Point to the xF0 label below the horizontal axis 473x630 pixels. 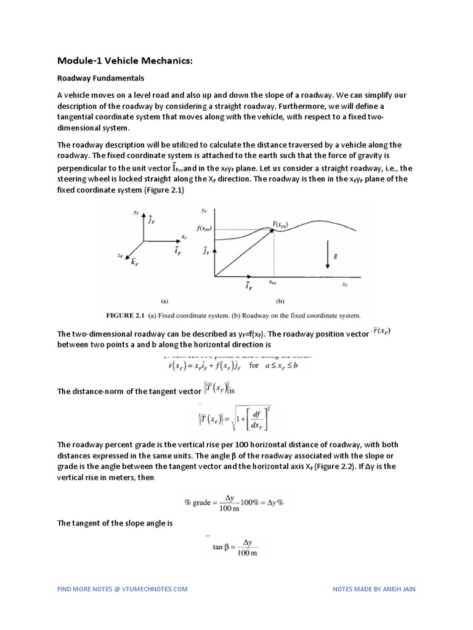click(273, 284)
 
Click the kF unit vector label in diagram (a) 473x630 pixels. click(134, 263)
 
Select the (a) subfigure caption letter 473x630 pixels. click(165, 301)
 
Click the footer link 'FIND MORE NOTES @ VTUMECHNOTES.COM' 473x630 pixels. click(122, 589)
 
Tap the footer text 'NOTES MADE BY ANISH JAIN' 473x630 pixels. click(374, 589)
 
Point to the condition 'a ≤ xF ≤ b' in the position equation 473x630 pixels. click(288, 365)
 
